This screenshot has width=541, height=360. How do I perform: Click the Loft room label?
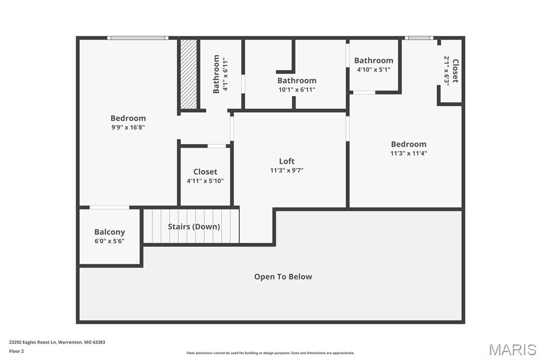(x=287, y=161)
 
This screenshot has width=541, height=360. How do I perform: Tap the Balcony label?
(x=109, y=232)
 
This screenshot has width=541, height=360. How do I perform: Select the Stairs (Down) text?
(x=194, y=226)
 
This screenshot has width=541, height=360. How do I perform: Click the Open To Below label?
(x=283, y=277)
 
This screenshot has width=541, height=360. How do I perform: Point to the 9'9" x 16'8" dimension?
(x=128, y=127)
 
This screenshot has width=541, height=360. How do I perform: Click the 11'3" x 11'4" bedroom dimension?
(x=408, y=154)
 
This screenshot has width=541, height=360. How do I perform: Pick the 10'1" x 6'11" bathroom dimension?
(x=297, y=90)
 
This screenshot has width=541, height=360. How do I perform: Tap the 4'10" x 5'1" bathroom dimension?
(x=374, y=69)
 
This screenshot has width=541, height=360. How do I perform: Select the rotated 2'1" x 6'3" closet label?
(x=451, y=71)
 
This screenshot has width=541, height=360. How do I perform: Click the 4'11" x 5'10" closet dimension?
(x=205, y=181)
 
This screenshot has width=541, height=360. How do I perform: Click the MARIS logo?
(x=512, y=349)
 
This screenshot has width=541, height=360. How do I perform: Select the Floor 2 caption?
(x=16, y=351)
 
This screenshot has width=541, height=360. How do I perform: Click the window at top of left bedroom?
(x=137, y=38)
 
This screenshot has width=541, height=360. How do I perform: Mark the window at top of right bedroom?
(x=419, y=38)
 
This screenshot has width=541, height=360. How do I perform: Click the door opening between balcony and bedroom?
(x=109, y=207)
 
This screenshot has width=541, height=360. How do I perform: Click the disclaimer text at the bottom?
(x=270, y=353)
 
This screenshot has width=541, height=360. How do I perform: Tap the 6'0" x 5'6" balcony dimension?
(x=109, y=241)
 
